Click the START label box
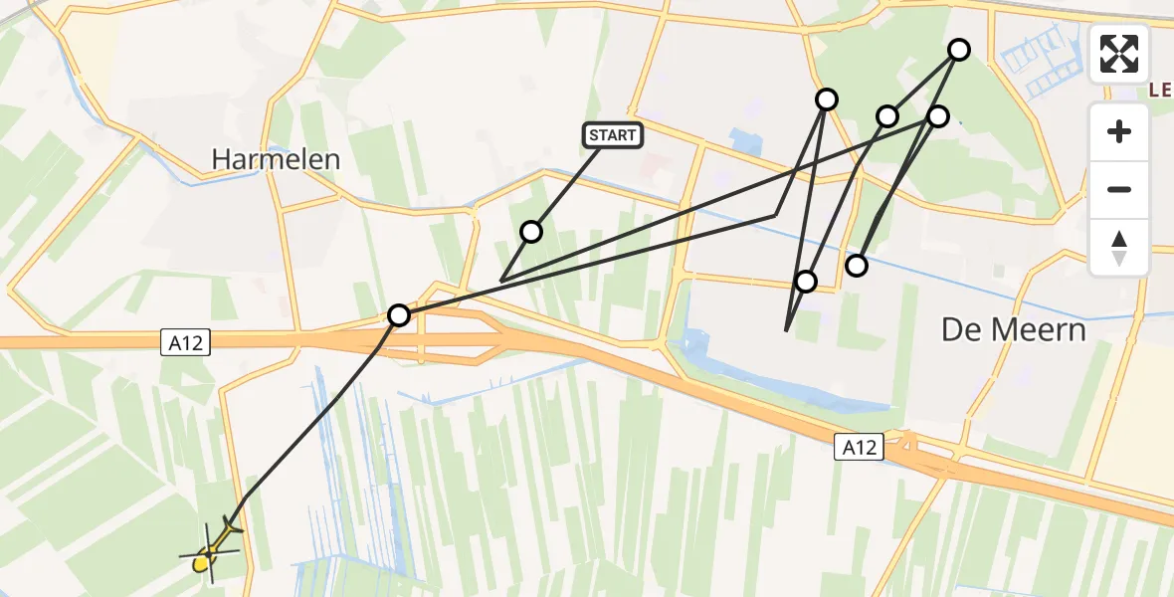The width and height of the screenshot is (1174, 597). (612, 135)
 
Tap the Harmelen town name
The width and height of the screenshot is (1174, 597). (276, 159)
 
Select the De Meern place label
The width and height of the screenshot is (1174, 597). (1013, 330)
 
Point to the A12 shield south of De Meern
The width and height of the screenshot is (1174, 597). (857, 449)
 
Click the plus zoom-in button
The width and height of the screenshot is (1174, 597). (1119, 131)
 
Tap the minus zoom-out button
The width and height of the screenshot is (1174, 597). (1119, 189)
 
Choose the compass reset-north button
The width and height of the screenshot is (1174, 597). (1119, 247)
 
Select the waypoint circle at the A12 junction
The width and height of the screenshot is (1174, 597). (399, 315)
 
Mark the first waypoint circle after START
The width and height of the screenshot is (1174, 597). (531, 232)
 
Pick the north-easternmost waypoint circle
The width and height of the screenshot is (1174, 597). (959, 50)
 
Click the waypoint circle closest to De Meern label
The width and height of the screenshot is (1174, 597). (856, 265)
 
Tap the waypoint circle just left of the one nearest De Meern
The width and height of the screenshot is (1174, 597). (806, 282)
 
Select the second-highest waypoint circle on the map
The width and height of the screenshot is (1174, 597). (827, 99)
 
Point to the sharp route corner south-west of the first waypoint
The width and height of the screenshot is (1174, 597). (500, 281)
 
